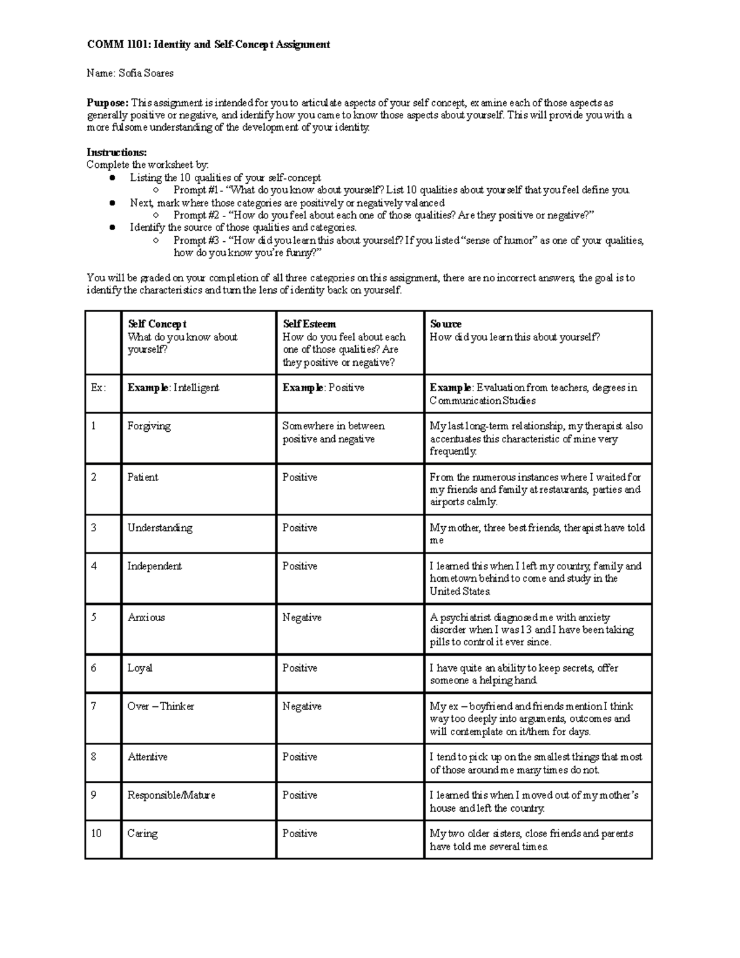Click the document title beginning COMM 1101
click(x=208, y=44)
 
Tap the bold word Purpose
click(x=107, y=102)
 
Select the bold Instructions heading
click(x=117, y=152)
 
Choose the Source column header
click(x=445, y=324)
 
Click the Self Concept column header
click(x=157, y=324)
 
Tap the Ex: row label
click(x=99, y=388)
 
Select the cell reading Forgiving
click(x=149, y=426)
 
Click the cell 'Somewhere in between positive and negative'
click(x=333, y=432)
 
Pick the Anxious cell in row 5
click(x=146, y=617)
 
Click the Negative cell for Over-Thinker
click(x=302, y=706)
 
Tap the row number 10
click(x=96, y=833)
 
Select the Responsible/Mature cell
click(x=171, y=795)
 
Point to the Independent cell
click(x=154, y=566)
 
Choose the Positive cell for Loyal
click(x=300, y=668)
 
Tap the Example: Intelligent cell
click(x=173, y=388)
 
